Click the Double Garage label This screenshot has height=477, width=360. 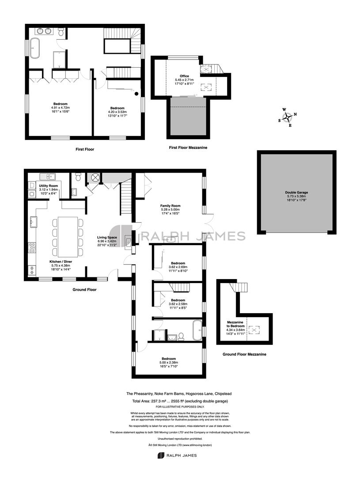[296, 192]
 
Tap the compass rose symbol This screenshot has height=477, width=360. [287, 117]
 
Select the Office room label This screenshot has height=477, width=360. [184, 76]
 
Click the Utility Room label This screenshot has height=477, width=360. [49, 186]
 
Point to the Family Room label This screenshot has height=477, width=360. [171, 206]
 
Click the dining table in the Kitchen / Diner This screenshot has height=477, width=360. [68, 237]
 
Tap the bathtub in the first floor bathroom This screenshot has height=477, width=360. [35, 49]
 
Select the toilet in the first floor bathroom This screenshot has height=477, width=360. [61, 32]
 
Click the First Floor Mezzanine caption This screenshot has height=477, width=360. [188, 148]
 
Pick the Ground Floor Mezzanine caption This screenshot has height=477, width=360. [244, 354]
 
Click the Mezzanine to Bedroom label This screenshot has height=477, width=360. [235, 324]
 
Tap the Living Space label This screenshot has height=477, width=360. [107, 237]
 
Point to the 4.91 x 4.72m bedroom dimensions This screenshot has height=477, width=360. [60, 108]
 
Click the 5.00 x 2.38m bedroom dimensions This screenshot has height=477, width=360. [169, 363]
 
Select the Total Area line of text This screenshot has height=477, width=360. [180, 401]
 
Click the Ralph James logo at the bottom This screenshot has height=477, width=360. [177, 455]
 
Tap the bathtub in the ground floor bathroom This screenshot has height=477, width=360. [197, 330]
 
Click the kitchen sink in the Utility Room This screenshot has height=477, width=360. [47, 176]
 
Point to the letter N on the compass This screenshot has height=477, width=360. [295, 114]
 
